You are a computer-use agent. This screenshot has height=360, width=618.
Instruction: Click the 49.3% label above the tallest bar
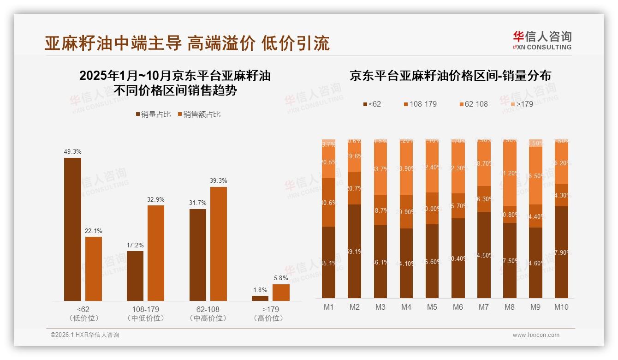point(72,151)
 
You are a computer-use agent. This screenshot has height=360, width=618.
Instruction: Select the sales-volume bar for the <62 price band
point(72,229)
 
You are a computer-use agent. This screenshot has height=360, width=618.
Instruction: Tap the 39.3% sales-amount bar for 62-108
point(219,244)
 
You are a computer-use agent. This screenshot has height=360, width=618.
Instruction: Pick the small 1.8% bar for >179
point(260,298)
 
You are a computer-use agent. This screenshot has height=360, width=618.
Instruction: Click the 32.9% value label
point(156,199)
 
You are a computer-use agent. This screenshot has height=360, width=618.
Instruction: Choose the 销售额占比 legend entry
point(199,114)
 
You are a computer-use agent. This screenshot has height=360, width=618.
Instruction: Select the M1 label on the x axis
point(328,307)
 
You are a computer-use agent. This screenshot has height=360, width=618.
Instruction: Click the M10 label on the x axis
point(561,307)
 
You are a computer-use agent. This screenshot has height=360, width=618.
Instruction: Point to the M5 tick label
point(432,307)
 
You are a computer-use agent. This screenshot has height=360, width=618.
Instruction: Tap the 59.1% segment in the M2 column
point(355,252)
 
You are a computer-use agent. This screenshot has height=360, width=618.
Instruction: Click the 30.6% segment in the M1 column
point(328,202)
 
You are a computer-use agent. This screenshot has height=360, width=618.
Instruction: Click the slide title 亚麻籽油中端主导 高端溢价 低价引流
point(187,43)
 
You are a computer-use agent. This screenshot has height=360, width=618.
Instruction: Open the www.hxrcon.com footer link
point(536,335)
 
